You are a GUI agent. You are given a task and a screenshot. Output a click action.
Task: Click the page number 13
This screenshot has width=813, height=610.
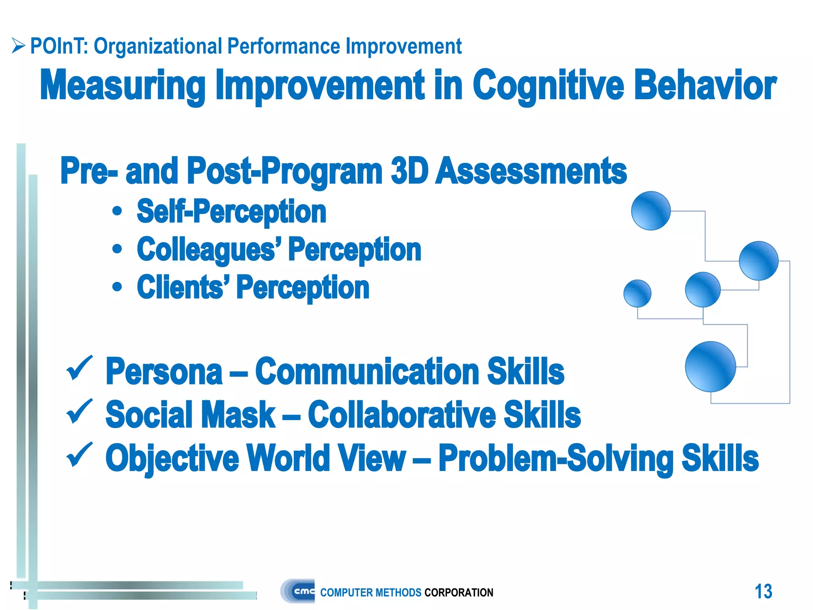click(763, 591)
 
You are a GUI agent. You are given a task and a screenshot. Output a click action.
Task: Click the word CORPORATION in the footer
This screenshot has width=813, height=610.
click(459, 593)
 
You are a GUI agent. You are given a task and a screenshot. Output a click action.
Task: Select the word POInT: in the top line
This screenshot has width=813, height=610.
click(59, 46)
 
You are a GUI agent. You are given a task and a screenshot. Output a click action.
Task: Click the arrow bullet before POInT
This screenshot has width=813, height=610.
click(18, 46)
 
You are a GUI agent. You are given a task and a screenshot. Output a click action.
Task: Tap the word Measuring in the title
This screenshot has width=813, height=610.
click(123, 85)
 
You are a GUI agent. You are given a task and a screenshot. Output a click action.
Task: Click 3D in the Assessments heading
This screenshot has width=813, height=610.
click(409, 171)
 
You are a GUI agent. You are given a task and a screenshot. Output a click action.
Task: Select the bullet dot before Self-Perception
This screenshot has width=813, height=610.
click(117, 211)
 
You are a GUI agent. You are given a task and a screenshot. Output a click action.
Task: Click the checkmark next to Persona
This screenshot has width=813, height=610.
click(79, 368)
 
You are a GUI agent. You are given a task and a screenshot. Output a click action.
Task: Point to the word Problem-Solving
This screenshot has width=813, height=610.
click(556, 458)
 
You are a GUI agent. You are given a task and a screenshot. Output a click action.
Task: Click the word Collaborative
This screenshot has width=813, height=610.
click(401, 415)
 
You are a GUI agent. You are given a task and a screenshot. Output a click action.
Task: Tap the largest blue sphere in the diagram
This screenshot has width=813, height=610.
click(710, 367)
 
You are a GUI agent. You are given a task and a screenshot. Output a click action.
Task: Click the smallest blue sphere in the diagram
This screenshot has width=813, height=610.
click(637, 293)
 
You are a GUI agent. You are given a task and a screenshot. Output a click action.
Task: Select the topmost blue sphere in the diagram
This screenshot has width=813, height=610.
click(651, 211)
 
